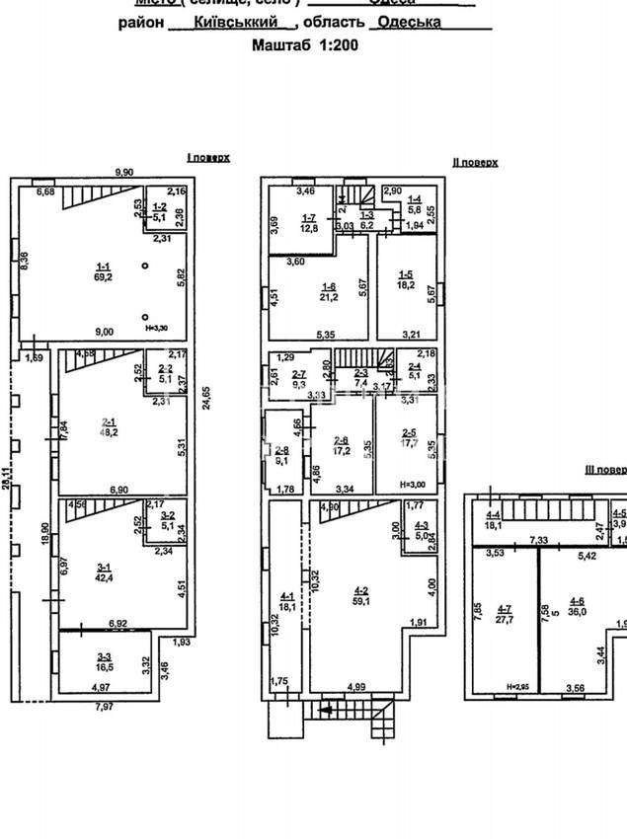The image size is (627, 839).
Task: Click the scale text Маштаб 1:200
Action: (305, 44)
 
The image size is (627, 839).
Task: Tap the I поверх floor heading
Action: (208, 157)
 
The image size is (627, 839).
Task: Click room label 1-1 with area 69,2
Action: (103, 271)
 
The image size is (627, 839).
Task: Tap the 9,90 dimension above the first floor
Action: (123, 173)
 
